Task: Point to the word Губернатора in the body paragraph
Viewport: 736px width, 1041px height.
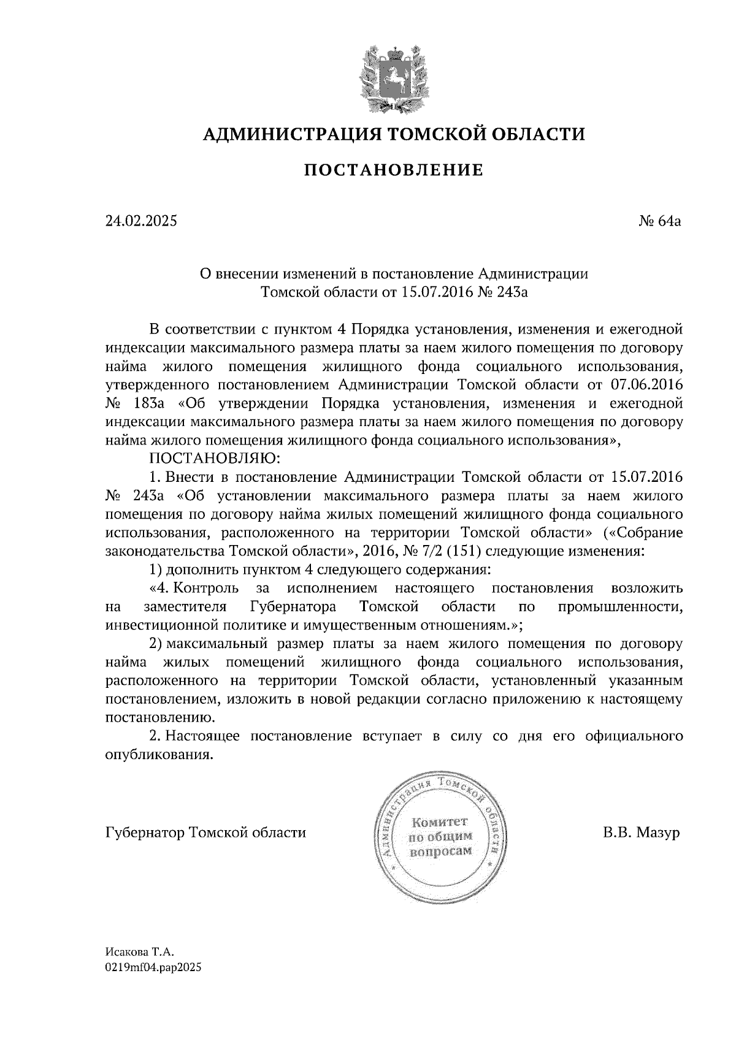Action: point(293,607)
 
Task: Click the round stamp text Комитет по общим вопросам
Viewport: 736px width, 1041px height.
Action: point(439,837)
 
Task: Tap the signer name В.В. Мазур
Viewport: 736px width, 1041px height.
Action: point(641,833)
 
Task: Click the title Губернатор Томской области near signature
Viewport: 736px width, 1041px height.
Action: point(205,833)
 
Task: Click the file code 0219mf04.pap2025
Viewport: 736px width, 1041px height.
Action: point(153,968)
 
